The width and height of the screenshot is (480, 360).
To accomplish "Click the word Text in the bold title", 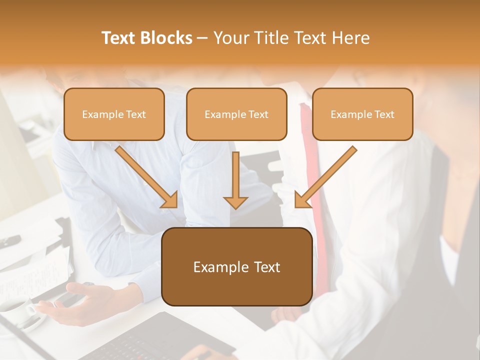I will coord(118,38).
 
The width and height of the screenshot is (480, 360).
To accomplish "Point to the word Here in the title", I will coord(351,38).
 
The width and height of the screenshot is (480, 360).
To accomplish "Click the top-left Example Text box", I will coord(114,114).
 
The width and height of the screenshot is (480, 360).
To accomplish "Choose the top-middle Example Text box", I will coord(236,114).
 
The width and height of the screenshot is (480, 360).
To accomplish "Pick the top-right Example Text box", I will coord(362,114).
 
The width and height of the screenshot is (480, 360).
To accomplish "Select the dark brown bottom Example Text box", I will coord(236,266).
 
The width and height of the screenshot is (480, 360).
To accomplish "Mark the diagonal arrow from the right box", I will coord(325,177).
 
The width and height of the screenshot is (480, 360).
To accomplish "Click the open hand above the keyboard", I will coord(82,302).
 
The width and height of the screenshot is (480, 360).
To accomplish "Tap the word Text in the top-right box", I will coord(384,114).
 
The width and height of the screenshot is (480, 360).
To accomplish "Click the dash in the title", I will coord(202,38).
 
